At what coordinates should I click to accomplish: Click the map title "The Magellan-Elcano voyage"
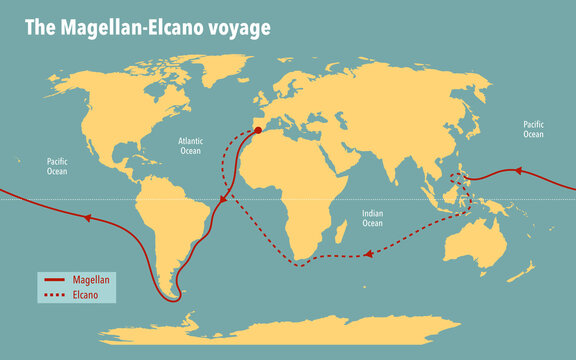(147, 28)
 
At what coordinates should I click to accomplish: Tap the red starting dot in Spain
(258, 130)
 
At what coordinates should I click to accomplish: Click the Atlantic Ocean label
(191, 147)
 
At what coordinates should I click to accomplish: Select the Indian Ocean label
(372, 217)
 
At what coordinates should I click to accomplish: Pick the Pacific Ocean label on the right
(534, 128)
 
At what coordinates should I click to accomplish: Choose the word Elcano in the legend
(86, 296)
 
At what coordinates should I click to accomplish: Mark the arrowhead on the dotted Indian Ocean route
(369, 254)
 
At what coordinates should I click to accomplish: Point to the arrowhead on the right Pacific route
(519, 171)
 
